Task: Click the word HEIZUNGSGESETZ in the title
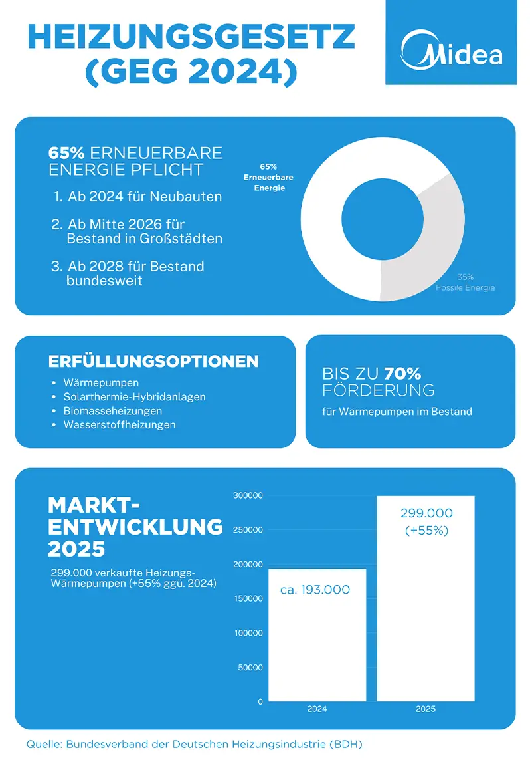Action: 191,38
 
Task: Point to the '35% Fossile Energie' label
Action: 465,282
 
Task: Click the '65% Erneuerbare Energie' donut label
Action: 269,178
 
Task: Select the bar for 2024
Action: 317,638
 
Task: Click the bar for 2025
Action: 426,612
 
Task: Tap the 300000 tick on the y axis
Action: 250,495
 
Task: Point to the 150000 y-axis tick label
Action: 250,598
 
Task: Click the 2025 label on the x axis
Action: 426,709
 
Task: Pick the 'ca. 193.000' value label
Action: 315,590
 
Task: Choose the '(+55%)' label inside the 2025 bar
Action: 426,531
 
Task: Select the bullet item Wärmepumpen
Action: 101,383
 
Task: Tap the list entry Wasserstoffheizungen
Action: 120,424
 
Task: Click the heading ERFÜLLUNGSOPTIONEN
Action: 153,362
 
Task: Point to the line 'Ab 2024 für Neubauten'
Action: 144,197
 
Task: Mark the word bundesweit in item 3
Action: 104,281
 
